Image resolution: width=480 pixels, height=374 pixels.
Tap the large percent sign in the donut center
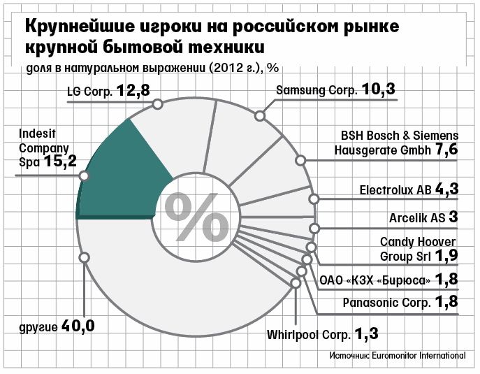[x=196, y=217]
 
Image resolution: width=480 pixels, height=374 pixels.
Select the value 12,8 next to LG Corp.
[x=133, y=90]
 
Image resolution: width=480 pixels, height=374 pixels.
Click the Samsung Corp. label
[x=317, y=90]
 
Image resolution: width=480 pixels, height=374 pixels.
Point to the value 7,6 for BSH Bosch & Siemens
[x=446, y=150]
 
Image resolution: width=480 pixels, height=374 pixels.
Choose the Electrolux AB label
[x=395, y=190]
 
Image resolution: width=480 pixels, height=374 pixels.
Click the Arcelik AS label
[x=417, y=218]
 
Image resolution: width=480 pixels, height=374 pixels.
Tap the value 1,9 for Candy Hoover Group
[x=446, y=255]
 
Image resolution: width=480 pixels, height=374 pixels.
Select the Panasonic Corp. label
[x=386, y=303]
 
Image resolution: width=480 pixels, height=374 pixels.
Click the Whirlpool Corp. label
[x=309, y=335]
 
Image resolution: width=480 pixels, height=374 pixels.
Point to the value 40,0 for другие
[x=78, y=326]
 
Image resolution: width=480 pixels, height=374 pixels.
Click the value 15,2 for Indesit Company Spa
[x=60, y=161]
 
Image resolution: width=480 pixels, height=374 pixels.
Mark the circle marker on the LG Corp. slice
[x=157, y=104]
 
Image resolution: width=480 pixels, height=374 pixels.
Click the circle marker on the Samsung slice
[x=260, y=116]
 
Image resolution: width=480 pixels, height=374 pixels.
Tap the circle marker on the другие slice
[x=84, y=257]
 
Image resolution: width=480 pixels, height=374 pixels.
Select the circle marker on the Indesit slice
[x=84, y=176]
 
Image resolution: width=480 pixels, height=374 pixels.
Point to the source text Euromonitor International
[x=419, y=356]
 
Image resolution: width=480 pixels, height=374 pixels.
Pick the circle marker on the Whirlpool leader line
[x=296, y=282]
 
